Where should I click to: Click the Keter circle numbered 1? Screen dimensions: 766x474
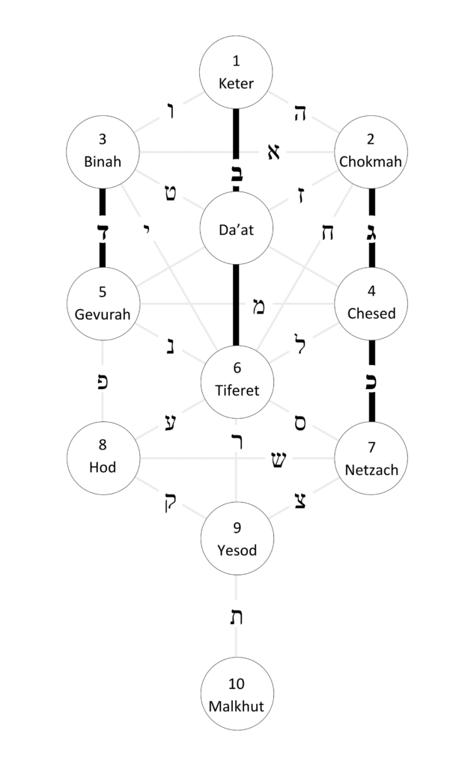pos(237,73)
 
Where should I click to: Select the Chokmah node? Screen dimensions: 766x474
pos(371,151)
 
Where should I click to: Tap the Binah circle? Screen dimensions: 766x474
pos(103,151)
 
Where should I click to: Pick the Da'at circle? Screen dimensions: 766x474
pos(237,229)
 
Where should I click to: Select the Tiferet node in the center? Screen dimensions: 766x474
pos(237,380)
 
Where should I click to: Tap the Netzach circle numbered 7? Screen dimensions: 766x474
pos(371,458)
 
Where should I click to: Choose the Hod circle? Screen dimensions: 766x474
pos(103,458)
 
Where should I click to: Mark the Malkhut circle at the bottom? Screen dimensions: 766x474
pos(237,694)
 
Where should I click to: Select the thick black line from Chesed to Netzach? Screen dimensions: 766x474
pos(371,404)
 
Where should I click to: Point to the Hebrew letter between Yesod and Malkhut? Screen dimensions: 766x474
pos(237,618)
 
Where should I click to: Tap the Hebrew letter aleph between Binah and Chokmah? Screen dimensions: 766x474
pos(273,152)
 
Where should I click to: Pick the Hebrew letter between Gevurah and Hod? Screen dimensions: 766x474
pos(103,380)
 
